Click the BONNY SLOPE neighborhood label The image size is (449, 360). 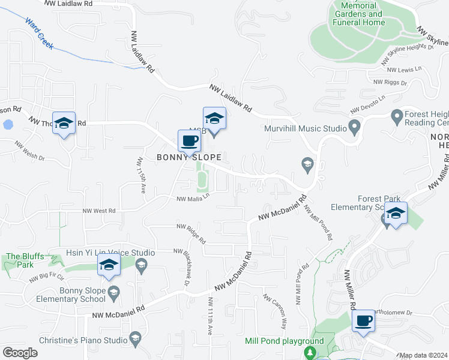[x=189, y=158]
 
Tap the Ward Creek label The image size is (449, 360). [x=39, y=32]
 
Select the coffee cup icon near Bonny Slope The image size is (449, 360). [x=190, y=142]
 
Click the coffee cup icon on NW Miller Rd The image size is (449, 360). [x=363, y=322]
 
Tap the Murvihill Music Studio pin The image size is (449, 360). [x=354, y=128]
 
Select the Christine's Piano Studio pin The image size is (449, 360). [x=136, y=337]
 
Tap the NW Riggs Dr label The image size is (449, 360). [x=390, y=82]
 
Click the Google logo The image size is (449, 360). [x=20, y=353]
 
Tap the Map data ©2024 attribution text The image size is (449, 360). [x=424, y=355]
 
